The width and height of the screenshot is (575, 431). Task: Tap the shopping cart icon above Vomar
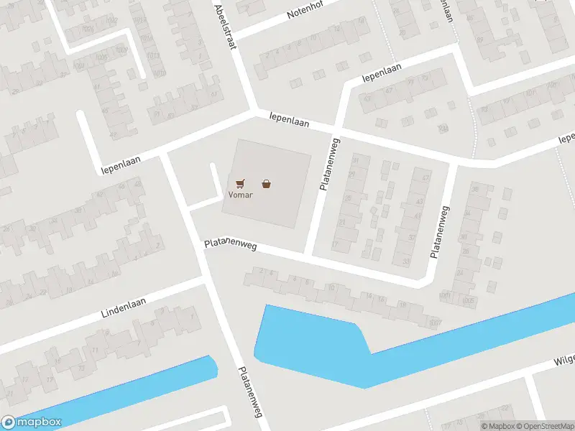tap(239, 184)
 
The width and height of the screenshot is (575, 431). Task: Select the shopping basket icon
tap(267, 184)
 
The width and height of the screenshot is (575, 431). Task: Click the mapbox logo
tap(31, 422)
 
